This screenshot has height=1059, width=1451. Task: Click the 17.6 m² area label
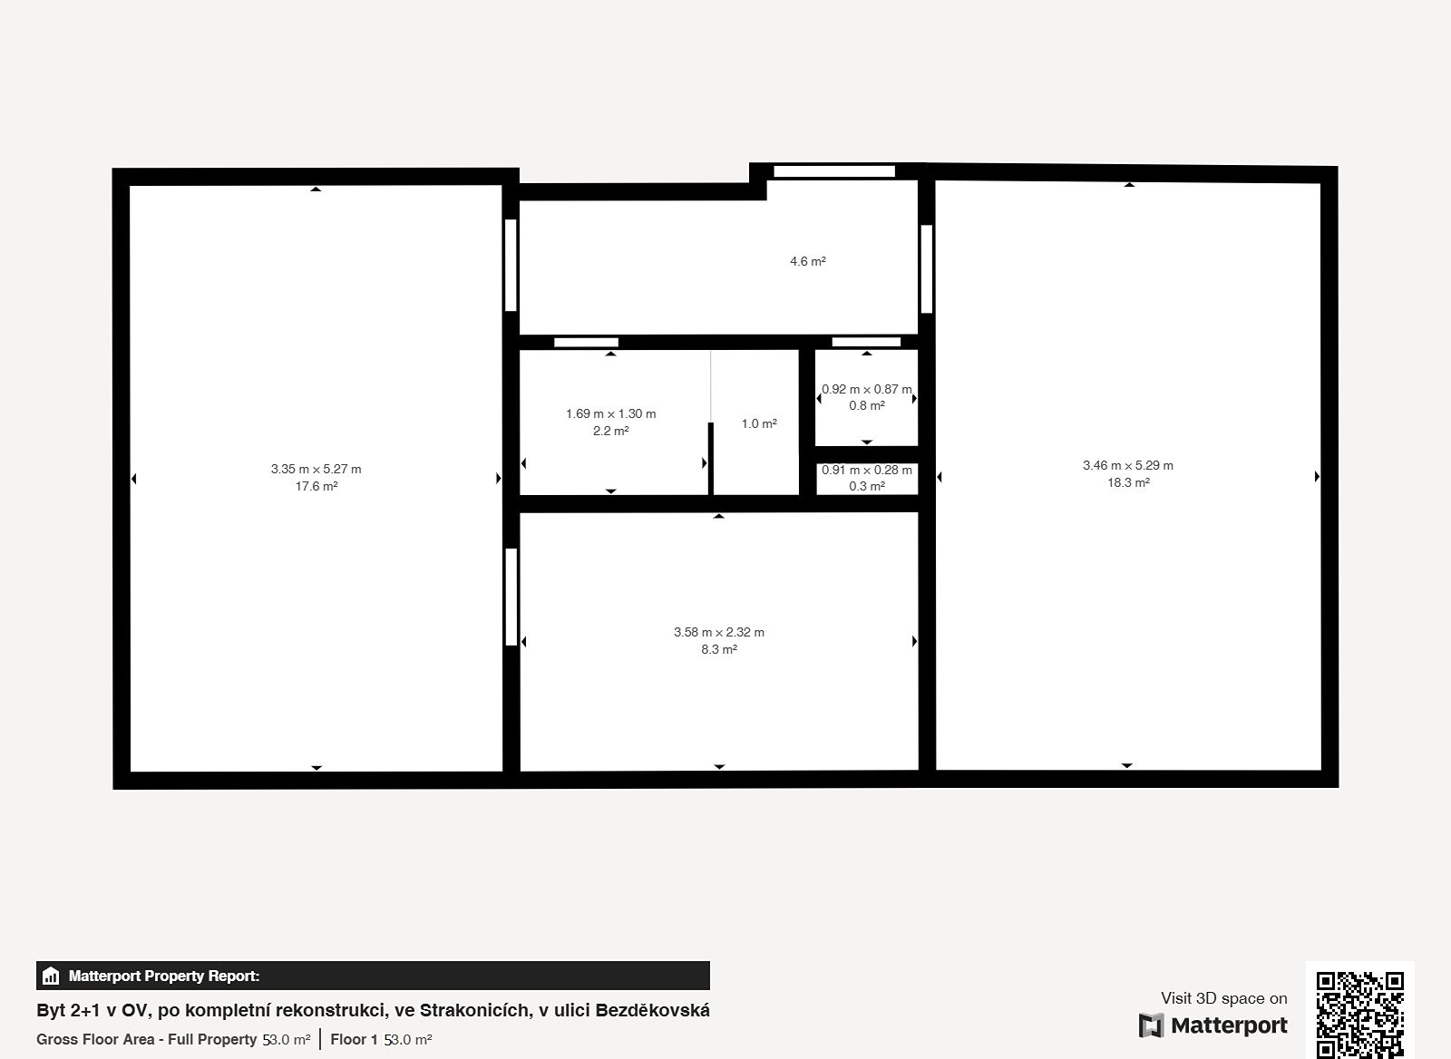click(x=316, y=486)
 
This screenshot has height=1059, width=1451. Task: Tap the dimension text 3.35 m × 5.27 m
click(x=316, y=469)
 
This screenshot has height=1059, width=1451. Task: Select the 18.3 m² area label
click(x=1128, y=482)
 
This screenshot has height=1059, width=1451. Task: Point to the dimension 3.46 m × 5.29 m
click(x=1128, y=465)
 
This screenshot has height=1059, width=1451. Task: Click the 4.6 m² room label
click(x=808, y=262)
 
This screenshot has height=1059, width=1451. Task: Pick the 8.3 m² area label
click(x=719, y=650)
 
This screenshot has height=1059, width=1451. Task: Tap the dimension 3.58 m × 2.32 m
click(x=719, y=632)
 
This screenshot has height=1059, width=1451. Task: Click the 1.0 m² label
click(x=759, y=423)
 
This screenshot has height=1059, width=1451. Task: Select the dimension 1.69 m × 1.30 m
click(x=611, y=413)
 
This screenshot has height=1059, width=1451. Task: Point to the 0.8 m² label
click(x=867, y=406)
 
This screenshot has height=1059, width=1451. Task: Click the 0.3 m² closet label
click(x=867, y=486)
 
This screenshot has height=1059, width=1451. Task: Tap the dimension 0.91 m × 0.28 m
click(x=867, y=471)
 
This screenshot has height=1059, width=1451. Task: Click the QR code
click(x=1360, y=1015)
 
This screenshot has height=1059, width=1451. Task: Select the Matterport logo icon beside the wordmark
click(x=1151, y=1025)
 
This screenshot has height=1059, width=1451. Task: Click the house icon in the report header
click(x=51, y=976)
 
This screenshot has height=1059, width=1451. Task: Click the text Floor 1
click(x=354, y=1040)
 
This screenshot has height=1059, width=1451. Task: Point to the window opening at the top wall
click(x=834, y=171)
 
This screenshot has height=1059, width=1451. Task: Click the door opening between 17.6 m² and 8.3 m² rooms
click(x=511, y=597)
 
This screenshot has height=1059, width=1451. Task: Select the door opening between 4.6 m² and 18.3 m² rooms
click(x=926, y=268)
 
